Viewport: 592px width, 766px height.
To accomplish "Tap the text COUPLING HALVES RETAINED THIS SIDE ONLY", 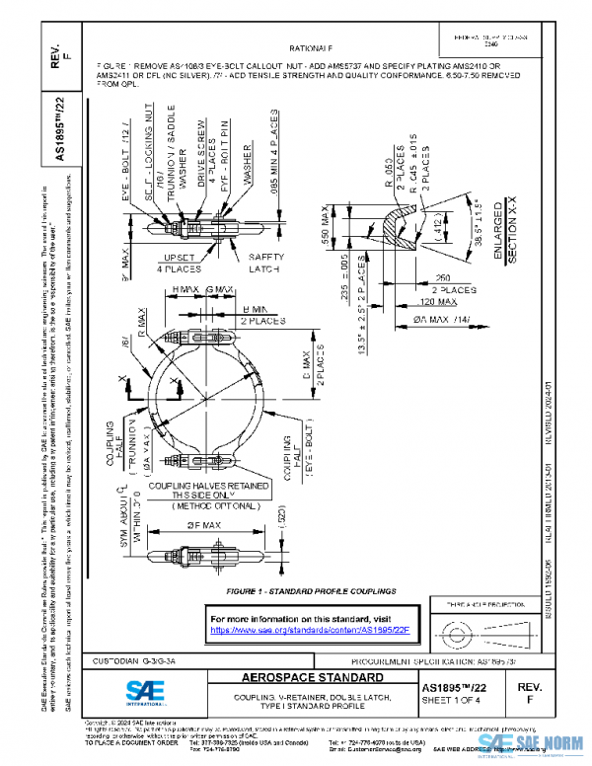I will coord(201,491).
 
